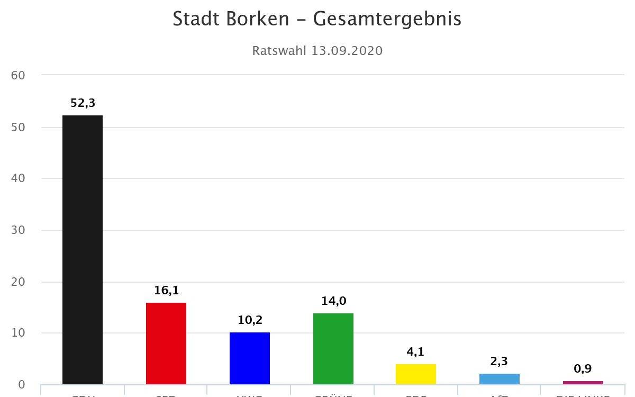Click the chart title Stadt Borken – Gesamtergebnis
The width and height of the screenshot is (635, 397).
317,19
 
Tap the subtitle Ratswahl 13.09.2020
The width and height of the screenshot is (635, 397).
317,51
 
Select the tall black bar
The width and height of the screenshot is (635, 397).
83,249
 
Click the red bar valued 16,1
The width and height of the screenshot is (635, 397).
166,343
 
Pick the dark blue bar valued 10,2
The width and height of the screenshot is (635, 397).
250,358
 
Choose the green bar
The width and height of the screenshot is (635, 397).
333,348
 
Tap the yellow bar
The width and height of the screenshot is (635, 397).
416,374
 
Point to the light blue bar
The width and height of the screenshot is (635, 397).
500,378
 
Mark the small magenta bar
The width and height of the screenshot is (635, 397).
583,382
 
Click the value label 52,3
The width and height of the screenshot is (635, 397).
83,103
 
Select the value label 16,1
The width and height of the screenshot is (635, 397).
166,291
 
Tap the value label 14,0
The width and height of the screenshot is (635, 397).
333,301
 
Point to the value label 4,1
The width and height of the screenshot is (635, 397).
416,352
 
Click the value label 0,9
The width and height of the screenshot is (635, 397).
583,369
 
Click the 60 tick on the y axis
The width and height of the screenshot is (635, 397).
18,76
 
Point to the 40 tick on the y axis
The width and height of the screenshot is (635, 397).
18,179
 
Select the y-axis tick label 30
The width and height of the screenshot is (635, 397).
18,230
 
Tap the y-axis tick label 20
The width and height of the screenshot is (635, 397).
18,282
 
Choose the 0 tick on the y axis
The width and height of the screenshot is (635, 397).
21,385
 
